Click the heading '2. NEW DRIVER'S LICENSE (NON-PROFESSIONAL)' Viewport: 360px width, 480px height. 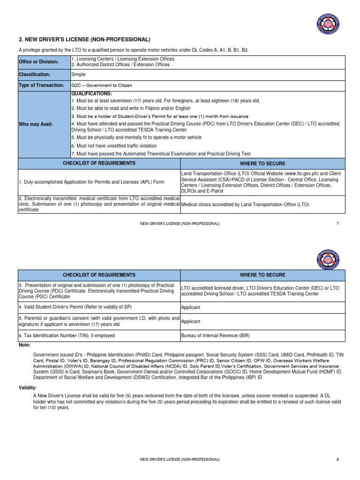(x=84, y=39)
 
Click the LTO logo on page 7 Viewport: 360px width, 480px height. (x=328, y=24)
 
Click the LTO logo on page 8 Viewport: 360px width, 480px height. (x=328, y=260)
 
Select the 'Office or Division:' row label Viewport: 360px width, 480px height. (x=39, y=62)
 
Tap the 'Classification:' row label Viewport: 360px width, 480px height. (x=34, y=74)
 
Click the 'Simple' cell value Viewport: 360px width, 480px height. (x=78, y=74)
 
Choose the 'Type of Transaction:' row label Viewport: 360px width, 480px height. (x=41, y=85)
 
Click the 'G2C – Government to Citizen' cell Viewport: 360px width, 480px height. (x=102, y=85)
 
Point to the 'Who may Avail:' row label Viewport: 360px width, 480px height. (x=36, y=124)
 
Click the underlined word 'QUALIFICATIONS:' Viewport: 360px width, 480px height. (x=91, y=94)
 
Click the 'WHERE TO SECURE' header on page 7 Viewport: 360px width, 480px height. (x=262, y=163)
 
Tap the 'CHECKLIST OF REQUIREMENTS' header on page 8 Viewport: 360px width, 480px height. (x=99, y=275)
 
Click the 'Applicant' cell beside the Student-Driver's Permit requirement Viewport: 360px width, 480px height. (x=191, y=307)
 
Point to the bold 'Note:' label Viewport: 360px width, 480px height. (x=25, y=345)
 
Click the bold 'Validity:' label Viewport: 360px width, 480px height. (x=28, y=388)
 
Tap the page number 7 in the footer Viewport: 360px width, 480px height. (x=337, y=224)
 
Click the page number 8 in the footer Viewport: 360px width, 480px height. (x=337, y=460)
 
